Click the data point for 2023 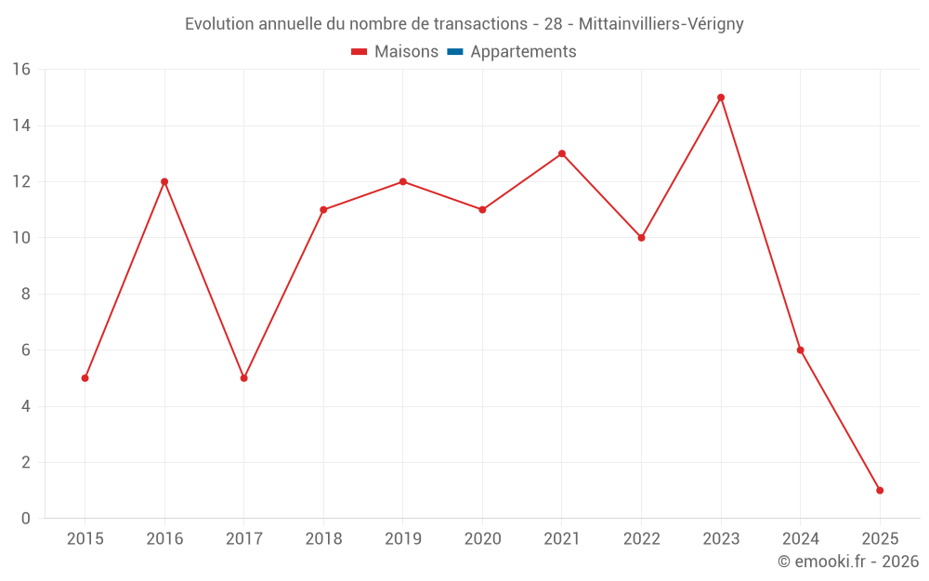coord(721,98)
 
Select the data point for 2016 coord(164,181)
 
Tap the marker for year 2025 coord(880,490)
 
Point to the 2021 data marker coord(562,153)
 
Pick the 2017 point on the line coord(243,378)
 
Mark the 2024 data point coord(800,350)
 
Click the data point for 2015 coord(85,378)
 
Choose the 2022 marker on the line coord(641,238)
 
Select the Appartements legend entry coord(523,52)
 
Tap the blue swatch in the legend coord(455,52)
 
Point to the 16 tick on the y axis coord(21,70)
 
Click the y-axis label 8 coord(26,295)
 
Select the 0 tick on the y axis coord(26,519)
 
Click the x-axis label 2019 coord(403,539)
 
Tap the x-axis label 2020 coord(482,539)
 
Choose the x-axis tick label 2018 coord(323,539)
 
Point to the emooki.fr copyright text coord(848,561)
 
